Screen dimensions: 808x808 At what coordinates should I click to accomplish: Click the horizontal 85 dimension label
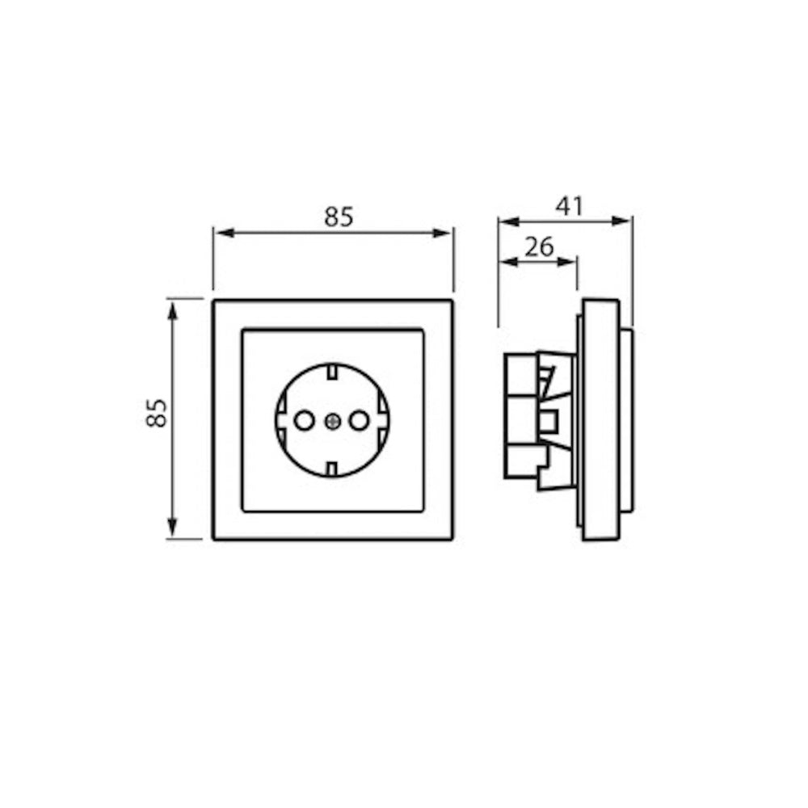point(339,217)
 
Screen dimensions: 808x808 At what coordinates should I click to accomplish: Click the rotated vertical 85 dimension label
point(157,413)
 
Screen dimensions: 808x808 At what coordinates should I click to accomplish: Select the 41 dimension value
point(569,206)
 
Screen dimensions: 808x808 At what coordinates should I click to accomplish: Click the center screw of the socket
point(332,422)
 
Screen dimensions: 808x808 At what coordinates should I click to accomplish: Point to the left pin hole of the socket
point(304,421)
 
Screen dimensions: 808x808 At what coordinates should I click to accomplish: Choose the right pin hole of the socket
point(360,421)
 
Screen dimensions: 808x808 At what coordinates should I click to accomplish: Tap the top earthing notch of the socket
point(332,372)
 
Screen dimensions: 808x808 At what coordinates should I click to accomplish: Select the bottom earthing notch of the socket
point(332,469)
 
